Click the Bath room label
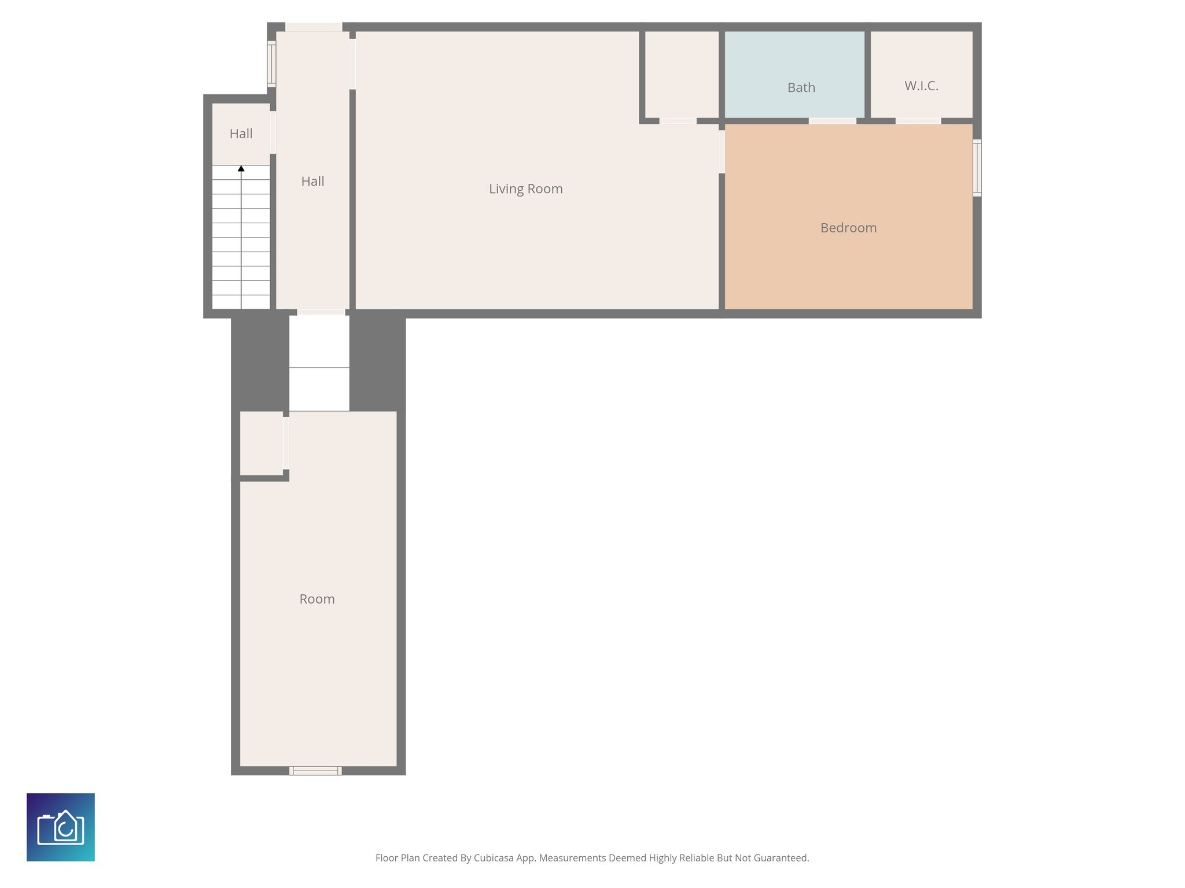click(x=801, y=88)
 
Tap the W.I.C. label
click(x=921, y=86)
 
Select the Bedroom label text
click(x=848, y=228)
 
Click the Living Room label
click(x=525, y=189)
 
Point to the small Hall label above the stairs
click(x=241, y=134)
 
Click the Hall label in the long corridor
click(x=312, y=182)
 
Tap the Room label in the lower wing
click(x=317, y=599)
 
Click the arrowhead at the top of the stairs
click(x=241, y=169)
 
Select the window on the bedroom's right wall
click(x=977, y=168)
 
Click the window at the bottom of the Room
click(x=315, y=770)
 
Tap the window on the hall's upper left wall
click(x=271, y=64)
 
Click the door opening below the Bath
click(x=832, y=121)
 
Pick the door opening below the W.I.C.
click(x=918, y=121)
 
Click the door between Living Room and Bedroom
click(x=722, y=151)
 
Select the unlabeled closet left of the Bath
click(x=681, y=74)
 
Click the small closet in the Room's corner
click(x=261, y=443)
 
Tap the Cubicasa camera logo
click(x=61, y=827)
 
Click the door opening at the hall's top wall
click(x=314, y=27)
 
